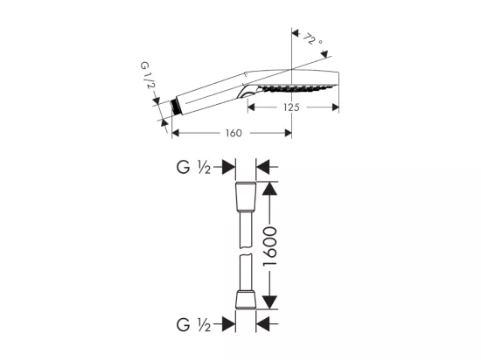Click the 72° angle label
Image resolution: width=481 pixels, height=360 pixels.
(312, 39)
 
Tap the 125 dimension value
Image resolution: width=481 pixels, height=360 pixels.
(291, 107)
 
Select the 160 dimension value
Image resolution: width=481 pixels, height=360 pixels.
(234, 134)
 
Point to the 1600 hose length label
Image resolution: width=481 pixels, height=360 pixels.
(270, 246)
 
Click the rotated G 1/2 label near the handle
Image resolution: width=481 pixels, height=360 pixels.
(146, 75)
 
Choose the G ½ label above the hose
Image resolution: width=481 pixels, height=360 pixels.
(193, 167)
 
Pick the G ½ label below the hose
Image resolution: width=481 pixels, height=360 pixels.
(193, 325)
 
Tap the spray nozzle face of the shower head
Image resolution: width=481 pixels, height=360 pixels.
(296, 88)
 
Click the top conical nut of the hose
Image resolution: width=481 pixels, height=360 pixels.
(246, 197)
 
